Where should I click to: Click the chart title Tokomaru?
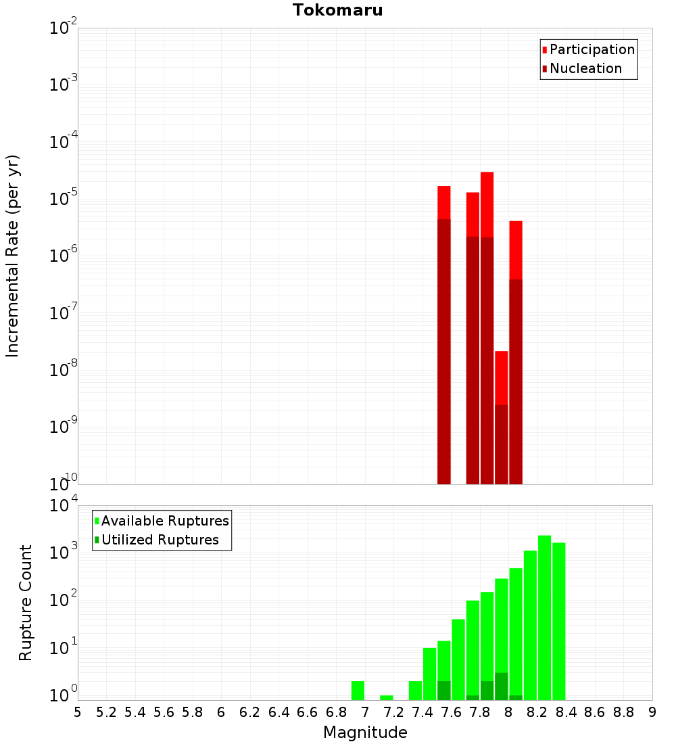337,10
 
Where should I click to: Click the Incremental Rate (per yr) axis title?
13,256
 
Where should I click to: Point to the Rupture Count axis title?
26,603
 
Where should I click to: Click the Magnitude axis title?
365,733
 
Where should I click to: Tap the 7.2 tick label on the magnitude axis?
393,712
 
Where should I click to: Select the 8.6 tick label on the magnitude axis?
595,712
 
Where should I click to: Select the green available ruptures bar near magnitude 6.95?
358,691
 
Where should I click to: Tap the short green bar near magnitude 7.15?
386,697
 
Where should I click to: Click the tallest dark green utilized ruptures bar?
501,687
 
